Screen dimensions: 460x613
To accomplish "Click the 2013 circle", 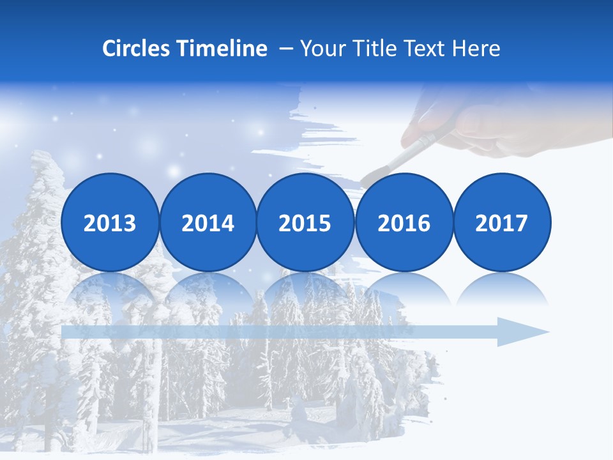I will pyautogui.click(x=110, y=222).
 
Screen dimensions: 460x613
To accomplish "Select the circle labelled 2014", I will pyautogui.click(x=208, y=222).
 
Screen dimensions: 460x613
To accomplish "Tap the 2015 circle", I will pyautogui.click(x=305, y=222).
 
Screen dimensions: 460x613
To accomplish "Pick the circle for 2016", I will pyautogui.click(x=404, y=222).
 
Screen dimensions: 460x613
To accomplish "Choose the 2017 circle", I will pyautogui.click(x=501, y=222).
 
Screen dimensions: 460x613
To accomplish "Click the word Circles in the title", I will pyautogui.click(x=136, y=49).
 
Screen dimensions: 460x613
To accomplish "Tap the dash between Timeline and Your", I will pyautogui.click(x=286, y=49).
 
